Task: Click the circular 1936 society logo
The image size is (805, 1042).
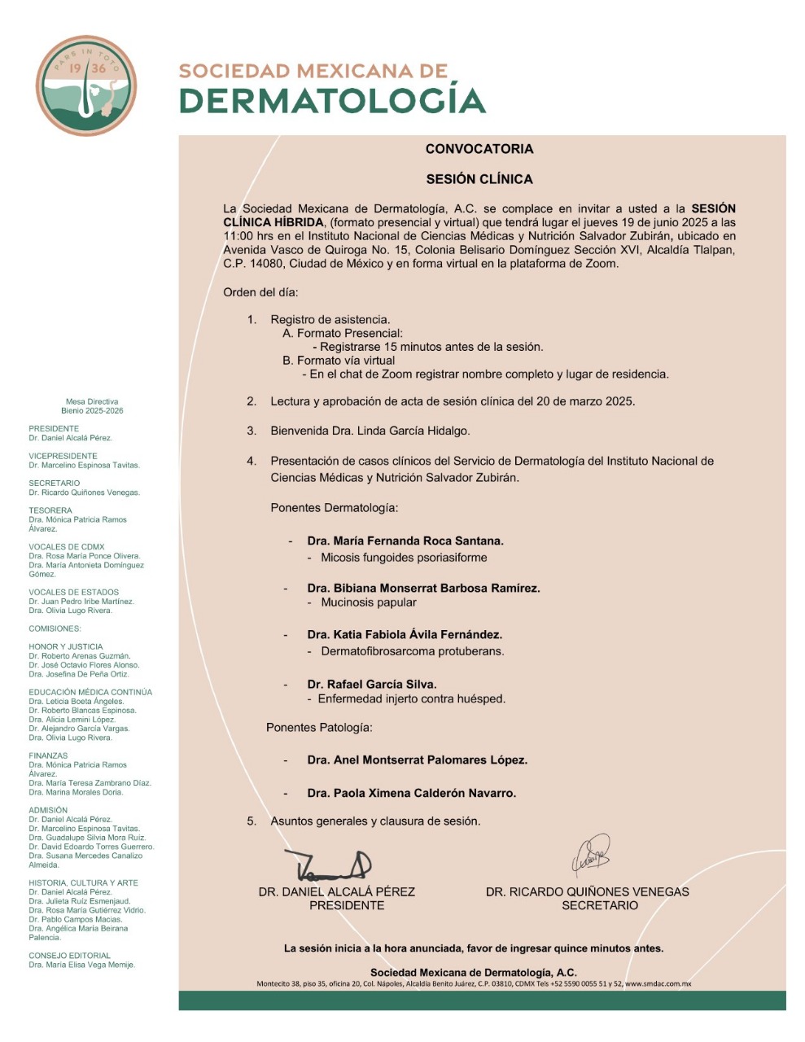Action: point(87,86)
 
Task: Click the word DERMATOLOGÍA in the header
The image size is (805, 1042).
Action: point(332,100)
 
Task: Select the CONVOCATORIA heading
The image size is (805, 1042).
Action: point(479,149)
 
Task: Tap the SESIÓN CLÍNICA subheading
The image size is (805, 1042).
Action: point(479,179)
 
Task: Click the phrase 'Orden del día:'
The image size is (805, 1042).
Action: point(260,292)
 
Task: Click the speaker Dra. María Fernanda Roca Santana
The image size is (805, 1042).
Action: point(405,541)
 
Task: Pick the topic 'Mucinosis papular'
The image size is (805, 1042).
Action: point(369,602)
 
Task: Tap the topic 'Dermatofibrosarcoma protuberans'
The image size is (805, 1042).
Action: point(413,651)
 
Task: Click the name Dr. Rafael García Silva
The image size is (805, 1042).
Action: point(372,685)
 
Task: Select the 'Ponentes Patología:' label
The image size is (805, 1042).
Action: point(319,727)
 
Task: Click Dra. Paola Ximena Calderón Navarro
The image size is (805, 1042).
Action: point(412,793)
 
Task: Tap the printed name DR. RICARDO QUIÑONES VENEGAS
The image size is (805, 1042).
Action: point(588,891)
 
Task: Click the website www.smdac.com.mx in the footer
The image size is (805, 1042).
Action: point(658,984)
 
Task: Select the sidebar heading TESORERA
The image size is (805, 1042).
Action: point(50,510)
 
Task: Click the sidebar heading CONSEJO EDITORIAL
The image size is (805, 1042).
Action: point(69,956)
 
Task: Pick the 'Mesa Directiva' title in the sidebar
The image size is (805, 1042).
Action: point(92,401)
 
